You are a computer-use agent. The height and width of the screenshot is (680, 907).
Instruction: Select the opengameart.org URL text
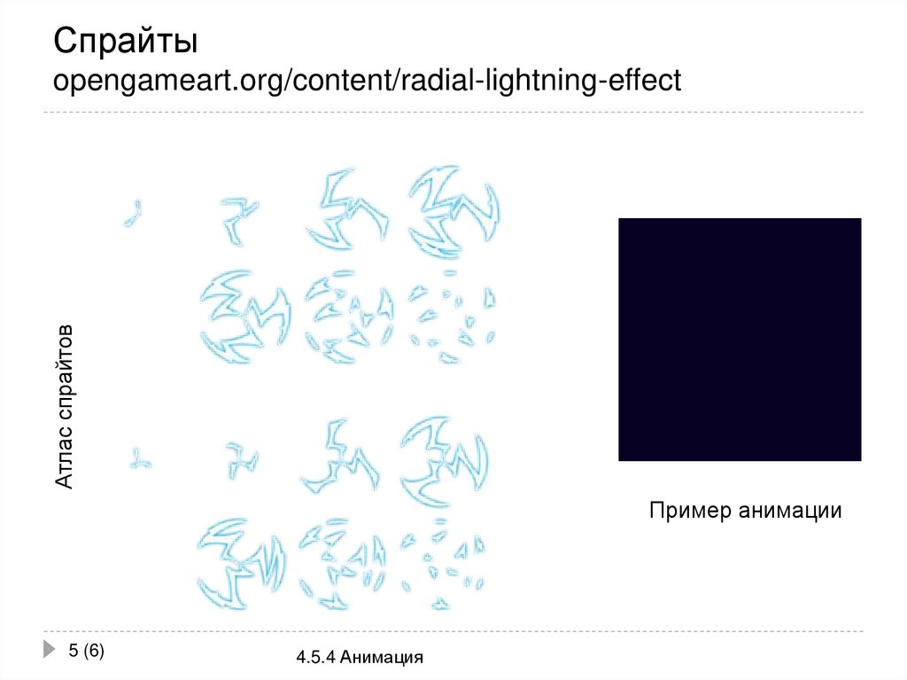click(367, 81)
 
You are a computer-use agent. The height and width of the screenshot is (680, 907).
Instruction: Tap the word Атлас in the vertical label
click(65, 456)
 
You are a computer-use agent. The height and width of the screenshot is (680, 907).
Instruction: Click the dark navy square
click(740, 340)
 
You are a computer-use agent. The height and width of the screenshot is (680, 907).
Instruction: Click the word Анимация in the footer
click(382, 658)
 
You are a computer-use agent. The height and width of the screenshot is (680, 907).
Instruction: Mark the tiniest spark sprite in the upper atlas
click(134, 213)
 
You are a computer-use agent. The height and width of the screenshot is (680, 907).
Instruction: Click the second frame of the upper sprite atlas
click(238, 218)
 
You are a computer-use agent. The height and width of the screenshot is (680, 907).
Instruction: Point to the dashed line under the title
click(453, 113)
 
